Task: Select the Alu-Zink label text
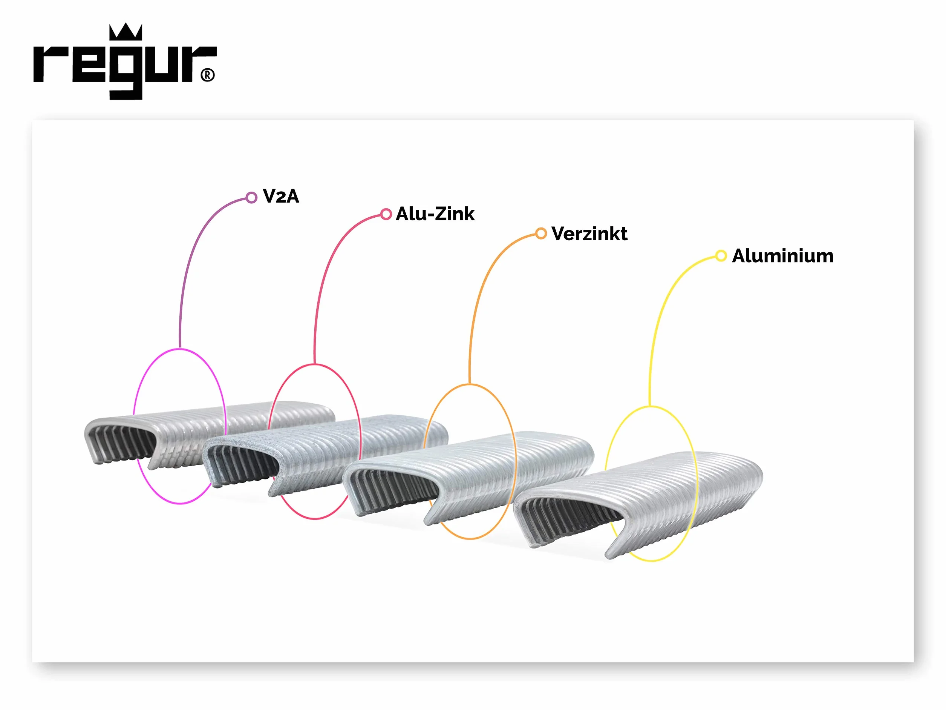click(x=435, y=214)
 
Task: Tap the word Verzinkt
click(x=589, y=234)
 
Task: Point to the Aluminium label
click(x=783, y=256)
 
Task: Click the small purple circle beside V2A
click(x=251, y=197)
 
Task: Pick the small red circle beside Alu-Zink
click(x=386, y=214)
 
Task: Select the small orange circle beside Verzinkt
click(x=541, y=234)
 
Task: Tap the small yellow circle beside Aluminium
click(x=721, y=256)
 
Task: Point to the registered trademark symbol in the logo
click(x=207, y=75)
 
